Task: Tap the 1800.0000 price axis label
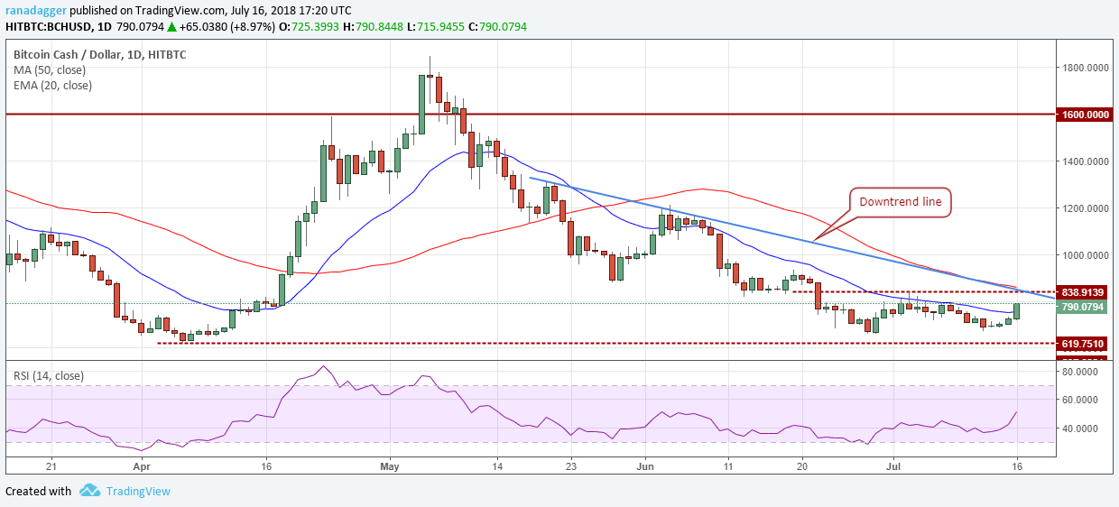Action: click(1085, 68)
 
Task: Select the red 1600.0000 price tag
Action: click(1086, 115)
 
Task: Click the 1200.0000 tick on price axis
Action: click(1085, 208)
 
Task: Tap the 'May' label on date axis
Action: click(389, 467)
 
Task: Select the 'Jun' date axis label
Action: click(644, 467)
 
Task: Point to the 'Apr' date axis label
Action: click(140, 467)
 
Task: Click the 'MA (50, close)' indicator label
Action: click(51, 69)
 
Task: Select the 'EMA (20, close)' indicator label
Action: click(52, 86)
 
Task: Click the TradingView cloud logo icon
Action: click(89, 491)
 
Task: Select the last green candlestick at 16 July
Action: click(1017, 310)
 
